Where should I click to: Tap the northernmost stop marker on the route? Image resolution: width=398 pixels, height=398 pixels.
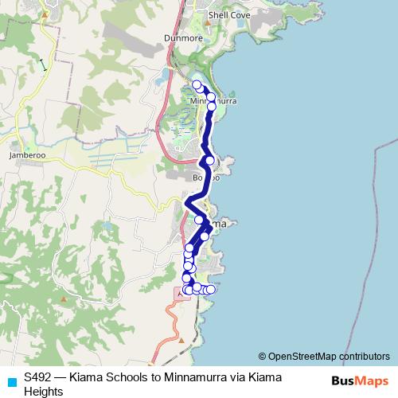click(x=197, y=84)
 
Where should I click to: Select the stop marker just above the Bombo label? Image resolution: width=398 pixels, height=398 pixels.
click(x=209, y=161)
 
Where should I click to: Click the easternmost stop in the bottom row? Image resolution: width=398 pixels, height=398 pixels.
click(x=211, y=289)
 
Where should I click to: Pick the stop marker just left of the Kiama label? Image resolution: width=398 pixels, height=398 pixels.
click(x=199, y=220)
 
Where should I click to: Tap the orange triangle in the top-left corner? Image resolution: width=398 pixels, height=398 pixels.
click(x=46, y=14)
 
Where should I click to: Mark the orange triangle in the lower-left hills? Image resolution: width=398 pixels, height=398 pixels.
click(x=64, y=298)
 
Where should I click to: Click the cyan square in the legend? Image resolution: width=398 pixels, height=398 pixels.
click(x=11, y=380)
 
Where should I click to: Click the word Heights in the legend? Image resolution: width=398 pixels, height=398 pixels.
click(x=44, y=391)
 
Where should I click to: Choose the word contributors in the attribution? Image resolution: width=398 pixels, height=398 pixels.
click(x=362, y=356)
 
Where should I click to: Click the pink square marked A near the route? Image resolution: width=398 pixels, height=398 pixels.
click(x=178, y=294)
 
